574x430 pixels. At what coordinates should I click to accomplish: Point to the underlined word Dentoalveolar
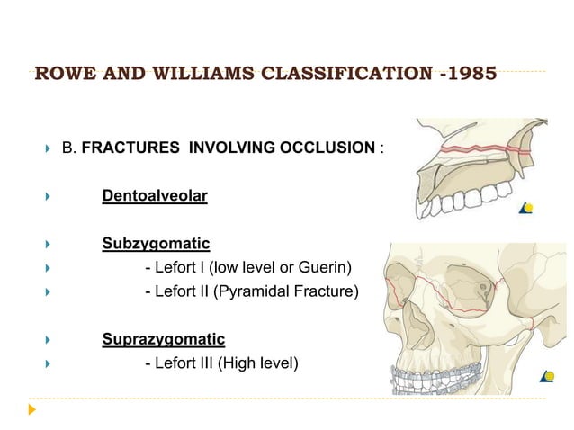pos(154,195)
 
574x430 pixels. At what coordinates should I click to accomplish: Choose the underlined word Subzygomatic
pos(156,244)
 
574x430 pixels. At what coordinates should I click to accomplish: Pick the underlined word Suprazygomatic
pos(163,339)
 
